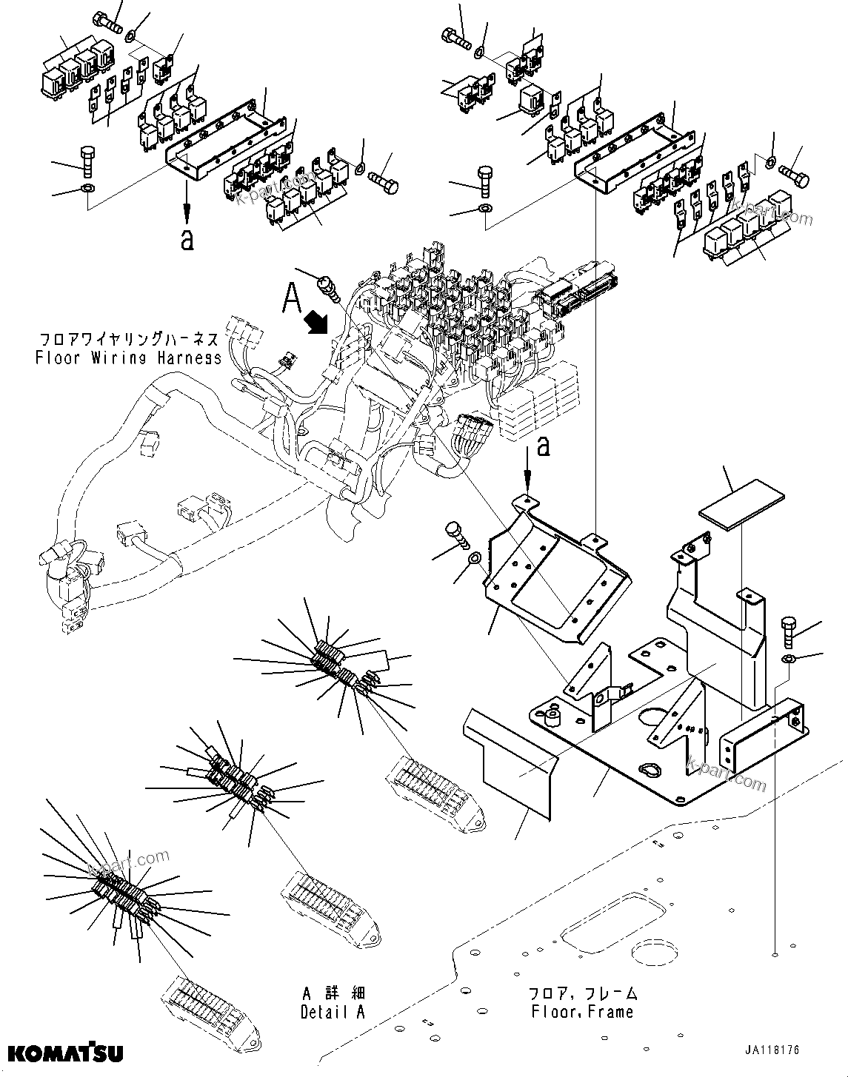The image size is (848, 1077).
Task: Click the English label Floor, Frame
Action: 582,1011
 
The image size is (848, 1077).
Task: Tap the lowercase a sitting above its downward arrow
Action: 543,446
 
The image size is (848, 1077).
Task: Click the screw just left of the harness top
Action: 327,286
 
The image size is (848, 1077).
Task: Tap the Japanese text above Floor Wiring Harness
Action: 129,340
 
